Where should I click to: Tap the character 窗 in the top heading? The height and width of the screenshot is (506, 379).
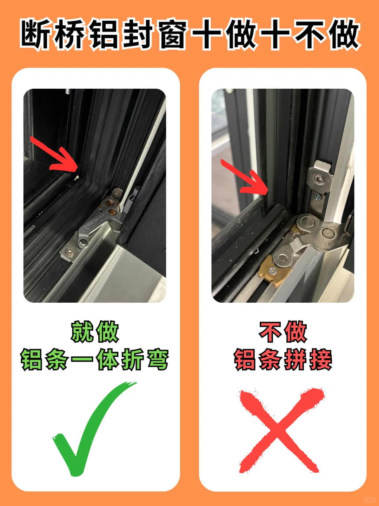pos(172,34)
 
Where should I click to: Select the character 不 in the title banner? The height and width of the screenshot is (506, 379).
pos(308,34)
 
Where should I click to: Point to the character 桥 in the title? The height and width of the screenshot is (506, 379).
pos(70,34)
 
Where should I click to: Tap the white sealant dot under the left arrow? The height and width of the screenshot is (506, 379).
pos(77,176)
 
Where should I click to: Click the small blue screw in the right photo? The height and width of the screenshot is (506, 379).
pos(317,197)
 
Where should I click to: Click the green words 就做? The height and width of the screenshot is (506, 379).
pos(95,332)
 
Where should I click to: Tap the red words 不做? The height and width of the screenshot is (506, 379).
pos(283,332)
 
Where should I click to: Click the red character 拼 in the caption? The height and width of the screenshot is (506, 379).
pos(295,359)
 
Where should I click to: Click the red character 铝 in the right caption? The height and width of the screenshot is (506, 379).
pos(246,359)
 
